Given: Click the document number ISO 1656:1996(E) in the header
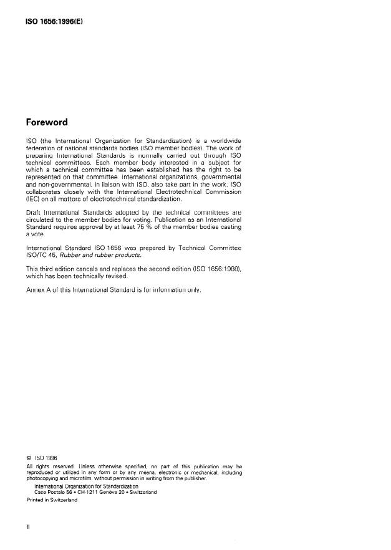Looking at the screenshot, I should pos(53,21).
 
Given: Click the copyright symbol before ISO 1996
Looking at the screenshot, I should pos(29,458).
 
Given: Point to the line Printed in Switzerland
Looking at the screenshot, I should pos(52,500).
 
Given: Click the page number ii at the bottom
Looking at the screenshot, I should pos(29,526).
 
